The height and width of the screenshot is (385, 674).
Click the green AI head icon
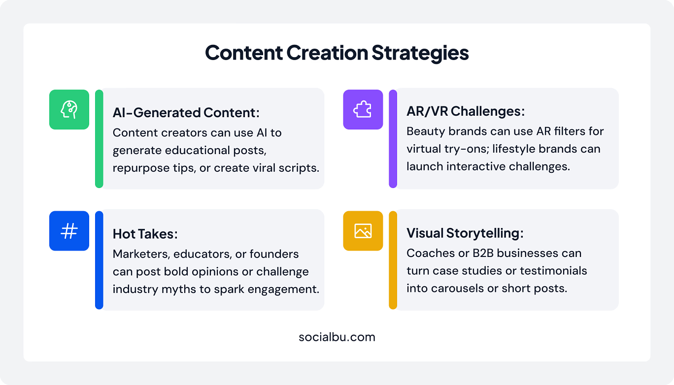pyautogui.click(x=69, y=109)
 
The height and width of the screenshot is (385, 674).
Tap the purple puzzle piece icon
pyautogui.click(x=363, y=109)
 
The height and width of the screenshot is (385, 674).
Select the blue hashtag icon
pyautogui.click(x=69, y=231)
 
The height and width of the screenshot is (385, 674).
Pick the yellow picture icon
pyautogui.click(x=363, y=231)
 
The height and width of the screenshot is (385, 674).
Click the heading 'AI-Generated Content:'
pyautogui.click(x=186, y=113)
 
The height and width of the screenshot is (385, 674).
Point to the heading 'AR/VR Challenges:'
pyautogui.click(x=466, y=111)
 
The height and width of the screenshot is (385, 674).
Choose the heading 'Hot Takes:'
pyautogui.click(x=145, y=234)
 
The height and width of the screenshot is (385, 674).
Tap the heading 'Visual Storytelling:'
pyautogui.click(x=465, y=233)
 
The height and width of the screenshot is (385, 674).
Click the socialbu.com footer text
pyautogui.click(x=337, y=337)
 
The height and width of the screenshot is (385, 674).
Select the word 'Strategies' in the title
pyautogui.click(x=420, y=53)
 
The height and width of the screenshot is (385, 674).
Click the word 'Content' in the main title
pyautogui.click(x=244, y=53)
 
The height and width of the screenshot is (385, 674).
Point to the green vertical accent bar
pyautogui.click(x=99, y=139)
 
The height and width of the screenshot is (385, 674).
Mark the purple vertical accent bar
pyautogui.click(x=393, y=139)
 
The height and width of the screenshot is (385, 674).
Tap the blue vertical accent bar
pyautogui.click(x=99, y=260)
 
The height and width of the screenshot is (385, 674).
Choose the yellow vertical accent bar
pyautogui.click(x=393, y=260)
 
